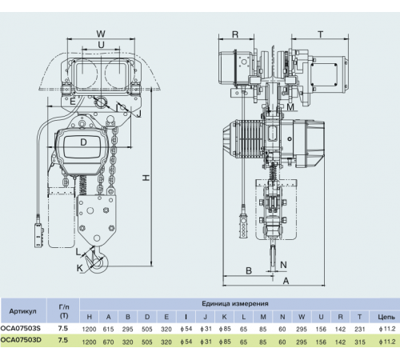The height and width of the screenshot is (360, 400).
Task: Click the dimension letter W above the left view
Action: pyautogui.click(x=101, y=34)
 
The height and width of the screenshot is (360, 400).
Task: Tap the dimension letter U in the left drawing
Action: pyautogui.click(x=101, y=45)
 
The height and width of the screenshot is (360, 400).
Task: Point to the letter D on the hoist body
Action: pyautogui.click(x=83, y=142)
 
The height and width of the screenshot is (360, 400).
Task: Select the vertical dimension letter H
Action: pyautogui.click(x=146, y=178)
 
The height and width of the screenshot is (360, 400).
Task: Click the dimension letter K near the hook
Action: pyautogui.click(x=80, y=268)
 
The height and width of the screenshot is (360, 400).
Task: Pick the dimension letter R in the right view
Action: pyautogui.click(x=235, y=34)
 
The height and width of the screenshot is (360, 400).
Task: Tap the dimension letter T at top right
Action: pyautogui.click(x=321, y=34)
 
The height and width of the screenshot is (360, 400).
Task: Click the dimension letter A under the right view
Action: pyautogui.click(x=286, y=281)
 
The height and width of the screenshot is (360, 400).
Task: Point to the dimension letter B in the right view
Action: pyautogui.click(x=249, y=271)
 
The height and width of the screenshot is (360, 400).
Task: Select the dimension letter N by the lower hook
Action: pyautogui.click(x=283, y=265)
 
